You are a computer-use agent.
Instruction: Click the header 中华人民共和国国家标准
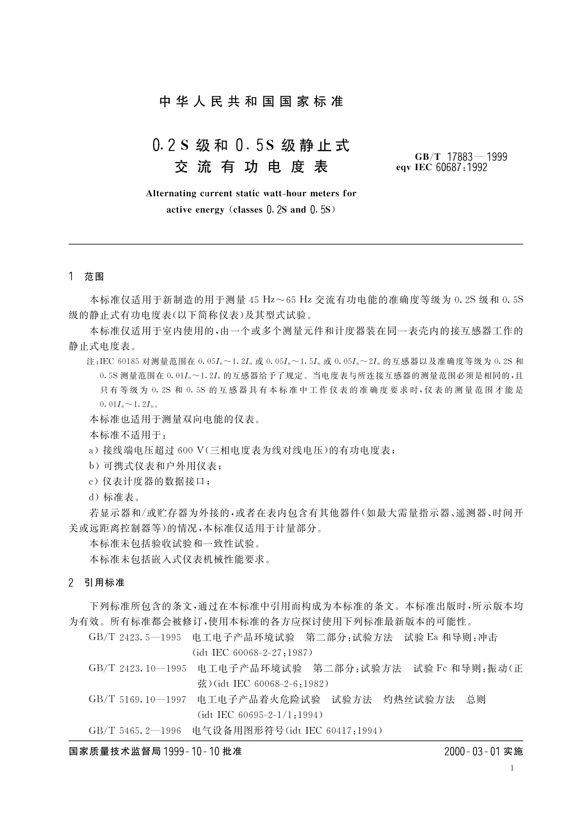tap(252, 102)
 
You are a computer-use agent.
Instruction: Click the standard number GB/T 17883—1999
tap(461, 157)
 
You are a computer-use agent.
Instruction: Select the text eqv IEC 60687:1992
tap(441, 167)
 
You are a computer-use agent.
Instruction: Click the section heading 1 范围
tap(86, 277)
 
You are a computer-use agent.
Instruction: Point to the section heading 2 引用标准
tap(96, 583)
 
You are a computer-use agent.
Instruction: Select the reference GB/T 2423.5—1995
tap(135, 637)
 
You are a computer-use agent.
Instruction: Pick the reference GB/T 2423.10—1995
tap(137, 668)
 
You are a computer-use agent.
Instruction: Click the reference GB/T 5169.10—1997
tap(137, 699)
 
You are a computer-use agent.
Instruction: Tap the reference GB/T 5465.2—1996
tap(135, 730)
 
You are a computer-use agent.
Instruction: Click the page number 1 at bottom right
tap(512, 768)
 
